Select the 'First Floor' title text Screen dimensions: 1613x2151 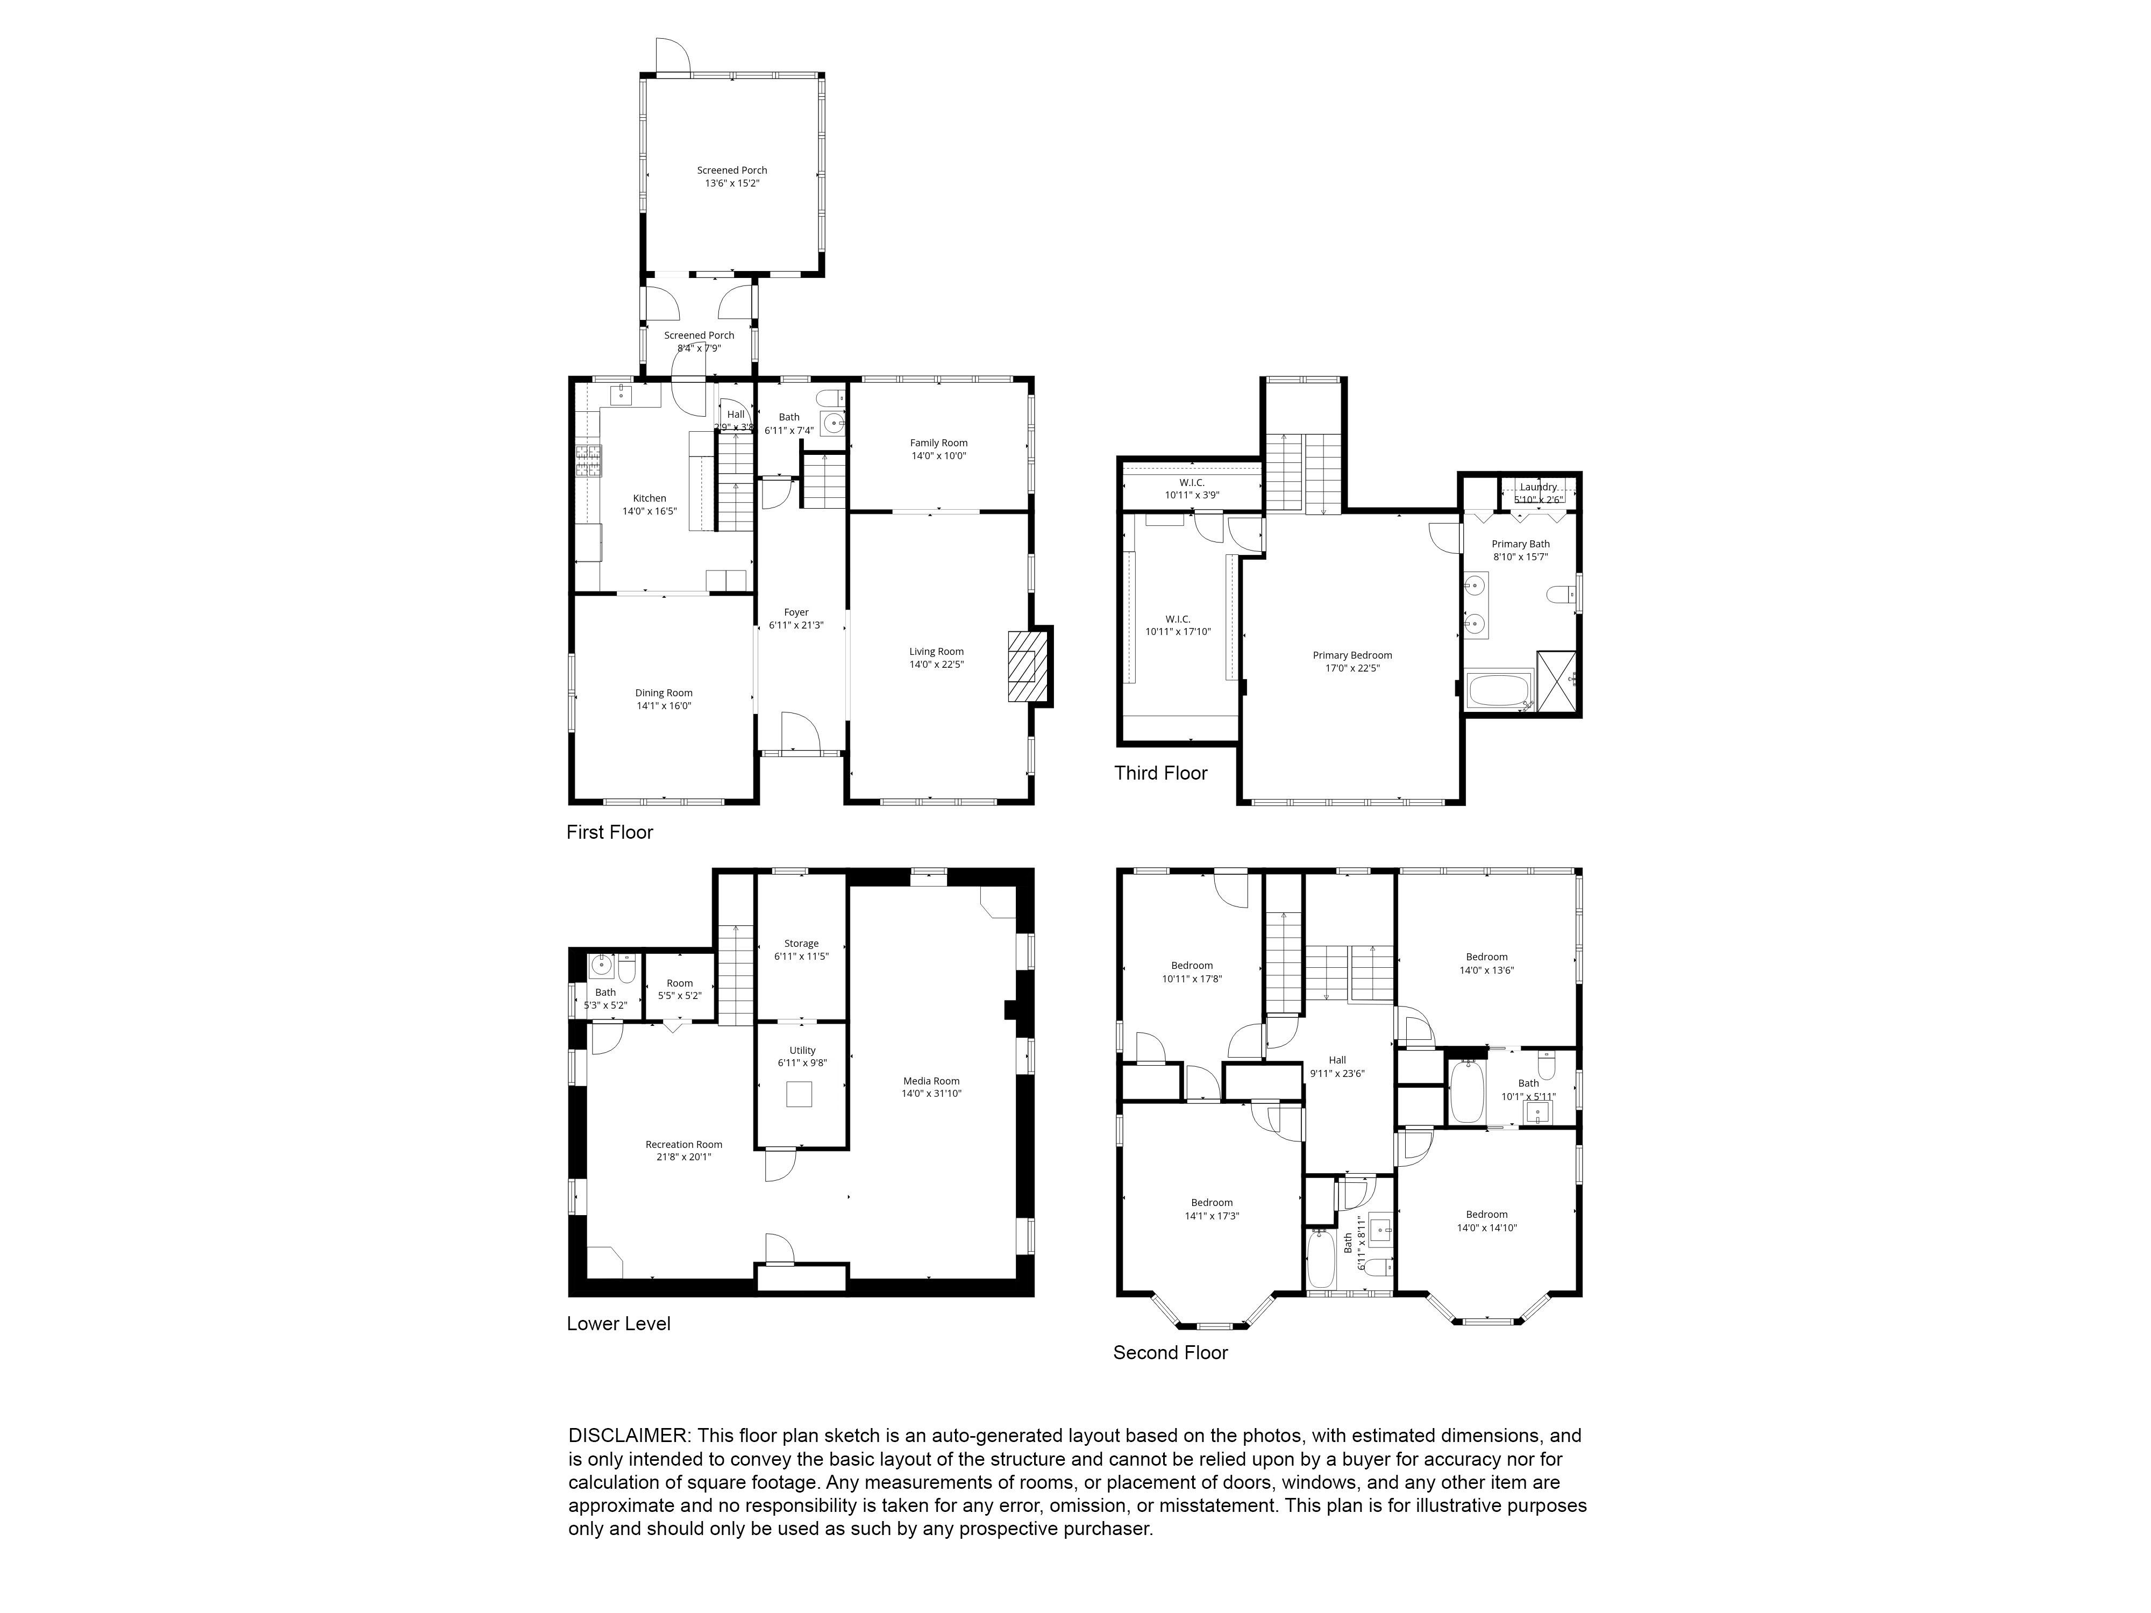(610, 832)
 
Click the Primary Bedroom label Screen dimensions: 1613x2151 (1352, 655)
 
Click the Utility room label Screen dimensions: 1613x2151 (802, 1050)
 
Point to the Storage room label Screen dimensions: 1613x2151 (801, 943)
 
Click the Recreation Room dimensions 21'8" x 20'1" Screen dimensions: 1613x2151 (683, 1157)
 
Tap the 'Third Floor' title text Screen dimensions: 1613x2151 (1160, 773)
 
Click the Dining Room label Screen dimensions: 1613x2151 (664, 693)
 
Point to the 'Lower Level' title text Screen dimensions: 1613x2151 (618, 1323)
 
